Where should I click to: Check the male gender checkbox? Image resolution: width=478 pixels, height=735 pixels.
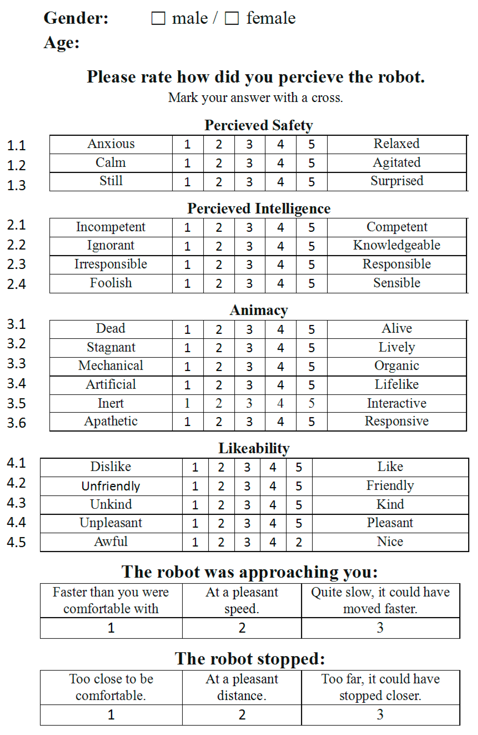pos(158,18)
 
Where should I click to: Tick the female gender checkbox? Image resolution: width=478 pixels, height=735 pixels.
pos(232,18)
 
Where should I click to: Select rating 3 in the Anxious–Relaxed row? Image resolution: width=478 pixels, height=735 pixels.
pos(249,144)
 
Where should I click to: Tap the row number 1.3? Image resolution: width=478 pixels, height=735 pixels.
pos(16,185)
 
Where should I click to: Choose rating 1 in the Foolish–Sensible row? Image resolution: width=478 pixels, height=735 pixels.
pos(187,283)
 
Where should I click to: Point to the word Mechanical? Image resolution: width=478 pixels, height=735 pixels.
pos(111,366)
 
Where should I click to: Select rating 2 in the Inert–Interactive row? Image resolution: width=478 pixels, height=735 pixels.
pos(219,403)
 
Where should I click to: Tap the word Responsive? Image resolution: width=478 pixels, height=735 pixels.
pos(397,421)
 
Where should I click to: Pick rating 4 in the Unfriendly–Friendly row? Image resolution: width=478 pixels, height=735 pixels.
pos(273,486)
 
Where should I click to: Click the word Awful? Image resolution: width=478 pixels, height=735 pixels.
pos(111,542)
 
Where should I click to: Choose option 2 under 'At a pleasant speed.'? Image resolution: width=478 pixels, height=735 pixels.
pos(242,628)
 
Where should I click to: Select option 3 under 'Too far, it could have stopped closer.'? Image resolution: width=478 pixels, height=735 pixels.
pos(380,714)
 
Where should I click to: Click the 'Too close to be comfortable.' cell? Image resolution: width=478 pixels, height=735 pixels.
pos(111,687)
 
